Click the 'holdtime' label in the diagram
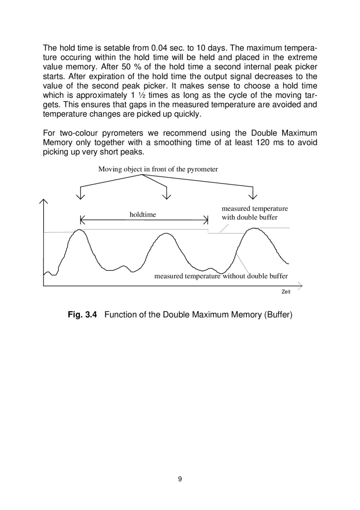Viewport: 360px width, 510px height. pyautogui.click(x=143, y=215)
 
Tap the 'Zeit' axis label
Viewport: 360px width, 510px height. pyautogui.click(x=286, y=292)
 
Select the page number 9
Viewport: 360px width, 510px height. pyautogui.click(x=180, y=479)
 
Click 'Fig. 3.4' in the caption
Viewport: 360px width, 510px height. pyautogui.click(x=82, y=315)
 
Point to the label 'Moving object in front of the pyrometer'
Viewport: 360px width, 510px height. pyautogui.click(x=158, y=169)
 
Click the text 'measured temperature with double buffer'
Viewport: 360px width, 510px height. pyautogui.click(x=254, y=213)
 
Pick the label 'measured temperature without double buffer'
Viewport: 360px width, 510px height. pyautogui.click(x=221, y=276)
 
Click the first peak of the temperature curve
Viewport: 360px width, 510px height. pyautogui.click(x=81, y=230)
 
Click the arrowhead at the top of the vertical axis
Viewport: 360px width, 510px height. pyautogui.click(x=44, y=202)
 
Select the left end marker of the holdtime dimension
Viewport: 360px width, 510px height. pyautogui.click(x=82, y=220)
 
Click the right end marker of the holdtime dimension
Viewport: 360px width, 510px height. pyautogui.click(x=206, y=220)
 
